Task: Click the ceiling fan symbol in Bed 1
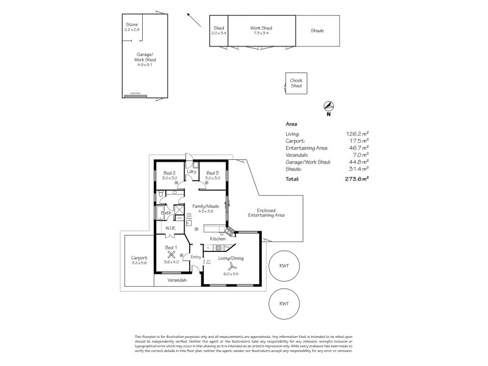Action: point(172,256)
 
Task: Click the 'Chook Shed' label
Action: point(296,84)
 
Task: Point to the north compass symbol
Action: point(329,106)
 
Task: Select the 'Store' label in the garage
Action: point(131,24)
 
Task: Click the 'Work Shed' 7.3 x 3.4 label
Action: point(262,30)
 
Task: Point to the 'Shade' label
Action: point(317,30)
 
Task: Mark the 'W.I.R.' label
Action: point(170,229)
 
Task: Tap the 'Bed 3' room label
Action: point(212,175)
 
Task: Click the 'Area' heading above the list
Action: point(291,123)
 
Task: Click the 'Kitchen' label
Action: point(218,239)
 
